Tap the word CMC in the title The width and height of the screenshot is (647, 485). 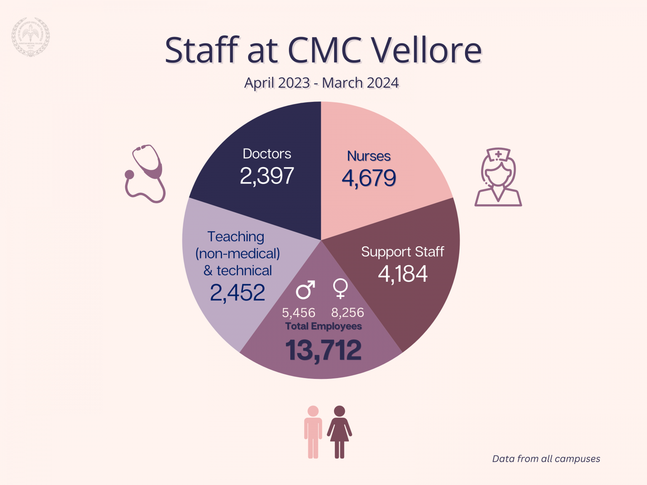point(324,50)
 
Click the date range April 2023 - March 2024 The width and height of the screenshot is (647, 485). point(321,83)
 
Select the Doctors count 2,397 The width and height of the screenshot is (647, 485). point(267,176)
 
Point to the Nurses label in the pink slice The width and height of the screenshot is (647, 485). point(369,156)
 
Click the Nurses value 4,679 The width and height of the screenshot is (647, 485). point(369,178)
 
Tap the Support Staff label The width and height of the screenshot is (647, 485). point(402,252)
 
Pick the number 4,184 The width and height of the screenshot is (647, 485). point(402,274)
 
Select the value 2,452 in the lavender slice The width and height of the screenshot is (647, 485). point(238,293)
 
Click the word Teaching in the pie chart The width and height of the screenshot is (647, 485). point(236,237)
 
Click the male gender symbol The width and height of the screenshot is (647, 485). point(305,290)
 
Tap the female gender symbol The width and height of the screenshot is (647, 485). point(340,288)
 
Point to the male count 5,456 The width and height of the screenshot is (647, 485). point(299,313)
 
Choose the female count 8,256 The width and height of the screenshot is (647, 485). point(348,312)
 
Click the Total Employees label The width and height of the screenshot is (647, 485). point(323,326)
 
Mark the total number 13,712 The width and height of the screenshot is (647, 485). point(323,350)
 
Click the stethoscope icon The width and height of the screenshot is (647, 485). point(146,173)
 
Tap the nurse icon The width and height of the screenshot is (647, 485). point(498,177)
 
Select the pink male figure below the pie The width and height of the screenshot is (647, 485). point(313,432)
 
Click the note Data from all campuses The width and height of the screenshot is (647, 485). point(546,459)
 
